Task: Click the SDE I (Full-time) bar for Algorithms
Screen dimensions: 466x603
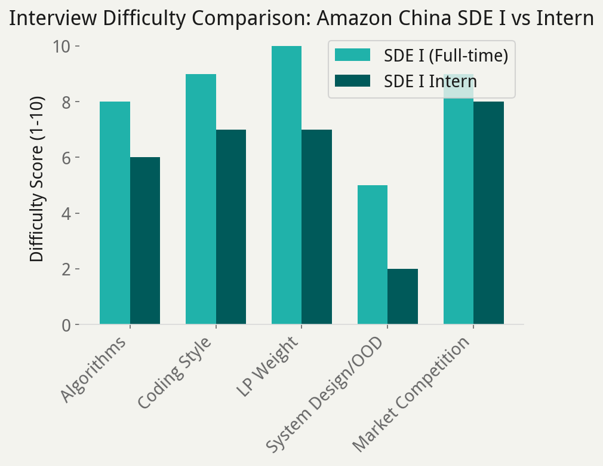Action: coord(115,213)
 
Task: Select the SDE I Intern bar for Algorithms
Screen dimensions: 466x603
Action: coord(145,241)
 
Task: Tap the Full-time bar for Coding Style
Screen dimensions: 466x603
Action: coord(201,199)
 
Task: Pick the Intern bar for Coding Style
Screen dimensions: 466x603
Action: coord(231,227)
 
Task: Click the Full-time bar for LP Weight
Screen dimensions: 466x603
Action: coord(287,185)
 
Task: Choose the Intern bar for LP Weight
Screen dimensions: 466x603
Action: coord(317,227)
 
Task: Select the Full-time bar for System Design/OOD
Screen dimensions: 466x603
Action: coord(373,255)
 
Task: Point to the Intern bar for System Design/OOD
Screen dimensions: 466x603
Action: coord(403,297)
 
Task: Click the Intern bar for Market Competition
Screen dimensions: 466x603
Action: coord(489,213)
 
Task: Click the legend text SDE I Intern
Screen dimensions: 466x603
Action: coord(430,81)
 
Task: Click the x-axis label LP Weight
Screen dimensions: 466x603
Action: coord(269,367)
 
